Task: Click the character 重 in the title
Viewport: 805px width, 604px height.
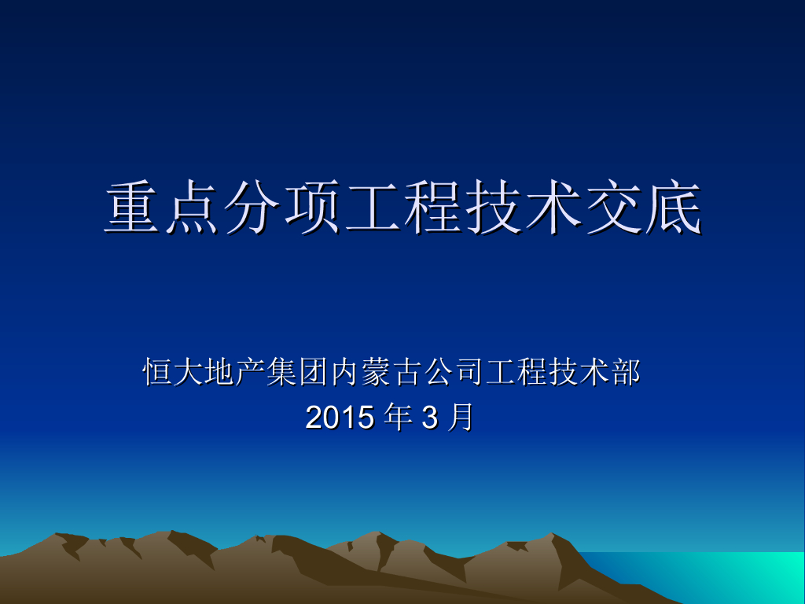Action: (x=134, y=208)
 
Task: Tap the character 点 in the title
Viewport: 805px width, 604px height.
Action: (x=193, y=208)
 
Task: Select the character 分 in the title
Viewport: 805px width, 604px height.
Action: (x=253, y=208)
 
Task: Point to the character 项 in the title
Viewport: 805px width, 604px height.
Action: (x=313, y=208)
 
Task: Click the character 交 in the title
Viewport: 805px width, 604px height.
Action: (x=612, y=208)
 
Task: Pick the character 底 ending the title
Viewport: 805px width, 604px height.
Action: (x=671, y=208)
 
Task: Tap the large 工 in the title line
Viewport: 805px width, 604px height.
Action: (x=373, y=208)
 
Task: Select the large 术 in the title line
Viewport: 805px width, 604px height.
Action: (x=552, y=208)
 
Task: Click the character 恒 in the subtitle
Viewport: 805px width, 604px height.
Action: (x=157, y=372)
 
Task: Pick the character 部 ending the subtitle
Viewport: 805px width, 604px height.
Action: (x=625, y=372)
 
